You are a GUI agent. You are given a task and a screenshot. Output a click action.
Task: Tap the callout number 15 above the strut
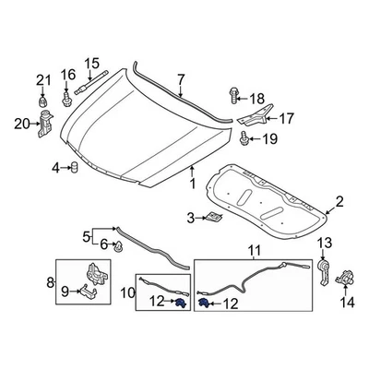(91, 64)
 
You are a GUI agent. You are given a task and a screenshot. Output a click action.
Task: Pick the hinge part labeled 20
(42, 124)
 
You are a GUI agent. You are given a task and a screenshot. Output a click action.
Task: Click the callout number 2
(339, 202)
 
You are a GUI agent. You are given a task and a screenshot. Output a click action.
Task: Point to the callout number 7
(181, 80)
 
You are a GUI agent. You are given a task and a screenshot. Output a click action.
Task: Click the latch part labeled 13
(324, 269)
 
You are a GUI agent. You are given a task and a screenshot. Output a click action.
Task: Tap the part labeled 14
(347, 277)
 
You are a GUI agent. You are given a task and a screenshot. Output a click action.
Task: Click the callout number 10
(125, 296)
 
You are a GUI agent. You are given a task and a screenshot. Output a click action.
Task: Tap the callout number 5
(87, 235)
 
